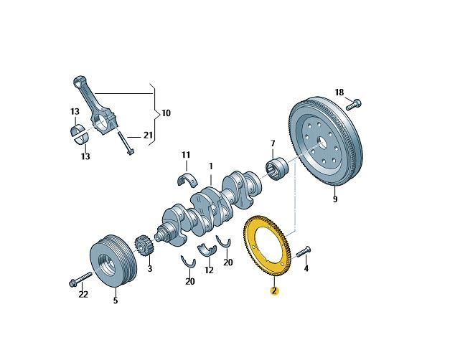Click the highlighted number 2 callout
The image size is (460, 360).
point(274,291)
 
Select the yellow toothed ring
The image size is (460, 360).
point(266,246)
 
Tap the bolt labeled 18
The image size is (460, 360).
point(354,105)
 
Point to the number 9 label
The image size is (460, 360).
point(335,199)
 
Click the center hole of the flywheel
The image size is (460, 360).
point(322,143)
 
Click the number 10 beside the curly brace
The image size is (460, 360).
point(166,113)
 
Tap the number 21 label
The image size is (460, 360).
point(148,135)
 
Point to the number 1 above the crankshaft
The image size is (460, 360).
point(211,166)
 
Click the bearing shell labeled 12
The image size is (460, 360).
point(207,250)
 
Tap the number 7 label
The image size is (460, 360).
point(273,143)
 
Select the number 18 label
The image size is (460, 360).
point(339,93)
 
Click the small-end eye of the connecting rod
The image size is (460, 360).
point(78,82)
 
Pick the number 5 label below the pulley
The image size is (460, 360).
point(116,300)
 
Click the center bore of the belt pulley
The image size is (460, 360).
point(105,262)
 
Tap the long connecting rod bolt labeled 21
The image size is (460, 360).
point(126,143)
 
